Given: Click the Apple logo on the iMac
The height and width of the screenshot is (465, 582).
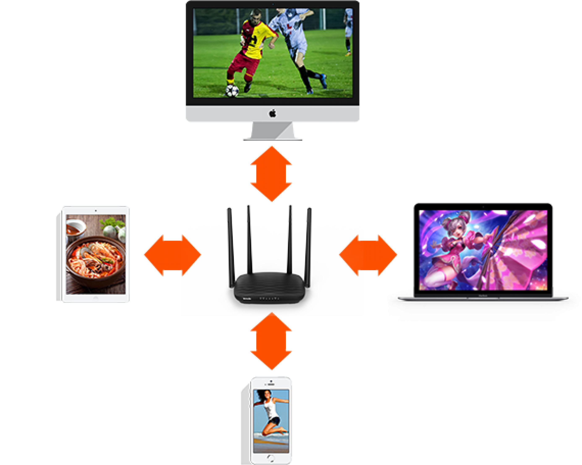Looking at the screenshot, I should click(x=273, y=114).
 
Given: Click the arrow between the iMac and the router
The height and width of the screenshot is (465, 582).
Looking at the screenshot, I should click(x=271, y=174).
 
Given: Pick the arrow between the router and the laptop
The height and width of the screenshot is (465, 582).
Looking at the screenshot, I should click(x=368, y=255).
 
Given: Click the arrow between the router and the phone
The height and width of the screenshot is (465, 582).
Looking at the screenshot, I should click(x=271, y=342).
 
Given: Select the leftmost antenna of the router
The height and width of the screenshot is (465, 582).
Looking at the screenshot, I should click(x=230, y=245).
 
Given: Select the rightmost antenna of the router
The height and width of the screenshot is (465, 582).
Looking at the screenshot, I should click(x=309, y=245).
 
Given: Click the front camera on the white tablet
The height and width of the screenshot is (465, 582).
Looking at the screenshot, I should click(x=96, y=211).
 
